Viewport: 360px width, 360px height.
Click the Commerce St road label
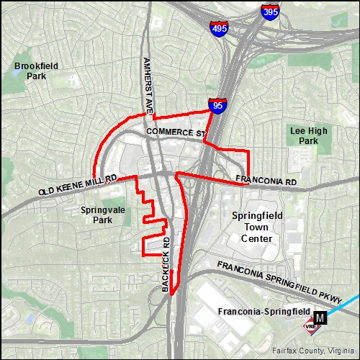pyautogui.click(x=175, y=132)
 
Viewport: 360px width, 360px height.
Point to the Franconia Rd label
pyautogui.click(x=266, y=181)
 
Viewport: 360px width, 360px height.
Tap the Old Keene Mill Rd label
pyautogui.click(x=78, y=185)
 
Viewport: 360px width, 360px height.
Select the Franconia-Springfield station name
pyautogui.click(x=264, y=312)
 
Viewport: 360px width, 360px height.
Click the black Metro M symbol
pyautogui.click(x=320, y=315)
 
